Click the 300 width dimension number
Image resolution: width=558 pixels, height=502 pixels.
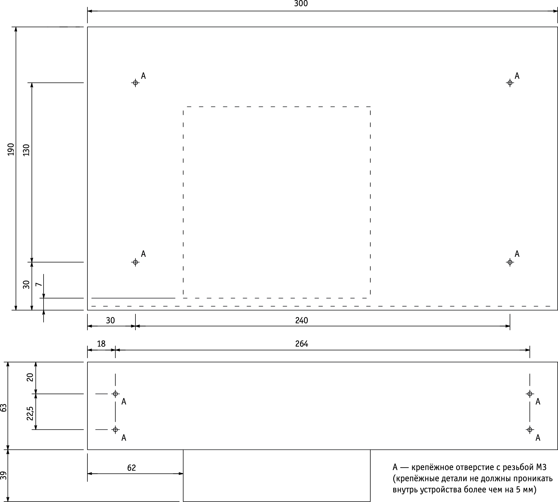tap(301, 4)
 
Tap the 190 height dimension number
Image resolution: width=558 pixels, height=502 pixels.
tap(11, 150)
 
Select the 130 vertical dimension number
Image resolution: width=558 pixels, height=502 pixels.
tap(26, 150)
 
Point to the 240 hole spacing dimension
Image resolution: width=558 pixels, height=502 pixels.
tap(301, 320)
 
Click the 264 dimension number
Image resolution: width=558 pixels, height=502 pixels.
tap(302, 344)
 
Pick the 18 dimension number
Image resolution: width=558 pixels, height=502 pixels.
tap(101, 344)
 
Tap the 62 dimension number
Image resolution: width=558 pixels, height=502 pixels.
tap(131, 468)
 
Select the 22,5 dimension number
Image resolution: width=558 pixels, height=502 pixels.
tap(30, 413)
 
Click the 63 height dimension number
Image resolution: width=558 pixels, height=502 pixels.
tap(3, 408)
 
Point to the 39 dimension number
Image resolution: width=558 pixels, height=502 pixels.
tap(3, 475)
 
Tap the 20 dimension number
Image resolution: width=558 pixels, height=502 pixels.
tap(30, 377)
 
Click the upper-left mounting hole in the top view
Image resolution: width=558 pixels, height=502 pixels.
tap(135, 83)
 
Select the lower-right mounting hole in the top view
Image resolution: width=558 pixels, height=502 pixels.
tap(510, 262)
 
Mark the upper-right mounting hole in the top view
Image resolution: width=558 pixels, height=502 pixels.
tap(510, 83)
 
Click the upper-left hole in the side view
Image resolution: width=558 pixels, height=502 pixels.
tap(115, 394)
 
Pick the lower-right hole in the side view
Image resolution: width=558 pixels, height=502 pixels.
tap(530, 429)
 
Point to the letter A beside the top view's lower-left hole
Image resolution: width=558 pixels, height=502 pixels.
tap(143, 254)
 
